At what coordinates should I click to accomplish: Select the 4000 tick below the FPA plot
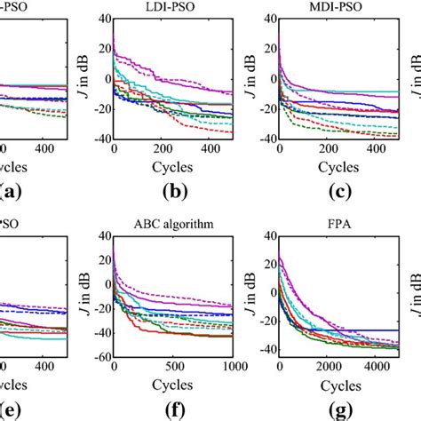tap(391, 367)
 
